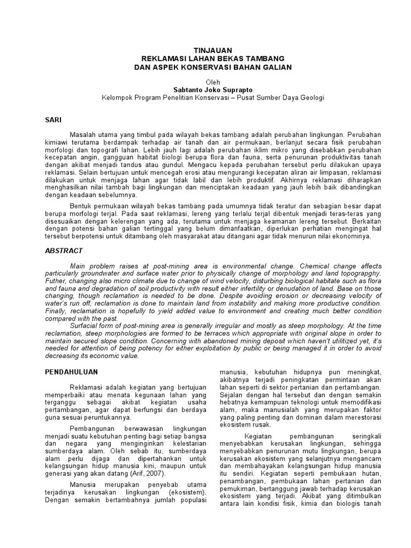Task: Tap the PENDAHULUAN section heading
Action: tap(71, 371)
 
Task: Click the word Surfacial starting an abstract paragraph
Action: tap(86, 324)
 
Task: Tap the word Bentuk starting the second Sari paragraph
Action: tap(82, 205)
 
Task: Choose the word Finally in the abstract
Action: tap(56, 310)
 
